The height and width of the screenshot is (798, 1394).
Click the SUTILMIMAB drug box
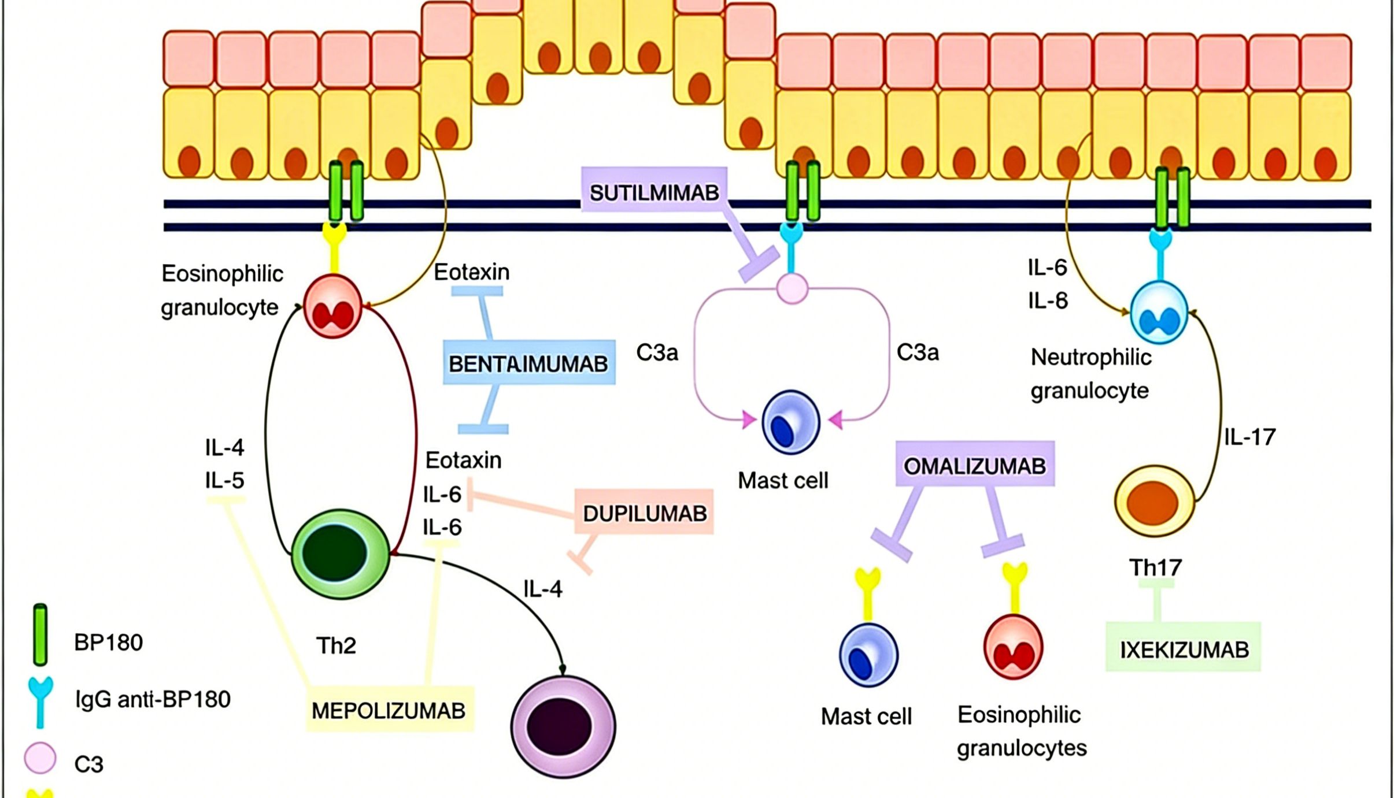point(654,192)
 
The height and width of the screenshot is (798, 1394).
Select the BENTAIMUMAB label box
point(528,363)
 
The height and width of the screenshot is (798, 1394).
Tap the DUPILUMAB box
point(644,513)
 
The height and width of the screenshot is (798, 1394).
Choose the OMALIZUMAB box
point(975,465)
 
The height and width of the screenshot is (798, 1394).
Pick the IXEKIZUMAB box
point(1184,649)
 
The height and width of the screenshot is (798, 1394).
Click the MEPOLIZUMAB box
point(389,710)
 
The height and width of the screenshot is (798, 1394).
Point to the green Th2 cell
point(340,554)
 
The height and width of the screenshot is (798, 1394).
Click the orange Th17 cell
point(1154,502)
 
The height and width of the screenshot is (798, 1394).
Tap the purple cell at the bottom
point(563,726)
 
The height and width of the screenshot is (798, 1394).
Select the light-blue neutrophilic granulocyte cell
point(1159,313)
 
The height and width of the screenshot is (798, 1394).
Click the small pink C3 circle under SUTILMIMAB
point(792,288)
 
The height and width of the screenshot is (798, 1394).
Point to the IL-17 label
point(1249,437)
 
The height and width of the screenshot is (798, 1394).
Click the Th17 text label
point(1155,567)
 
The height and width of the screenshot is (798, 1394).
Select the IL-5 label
point(224,480)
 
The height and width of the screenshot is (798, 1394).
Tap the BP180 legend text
point(108,642)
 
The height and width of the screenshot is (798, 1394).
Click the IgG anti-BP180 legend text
point(153,699)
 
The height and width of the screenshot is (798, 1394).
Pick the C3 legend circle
point(40,758)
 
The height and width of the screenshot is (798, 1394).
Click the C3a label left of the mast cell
point(657,352)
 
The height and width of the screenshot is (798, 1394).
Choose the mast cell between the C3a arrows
point(790,422)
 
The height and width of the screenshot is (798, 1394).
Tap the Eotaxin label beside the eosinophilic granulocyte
point(471,272)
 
